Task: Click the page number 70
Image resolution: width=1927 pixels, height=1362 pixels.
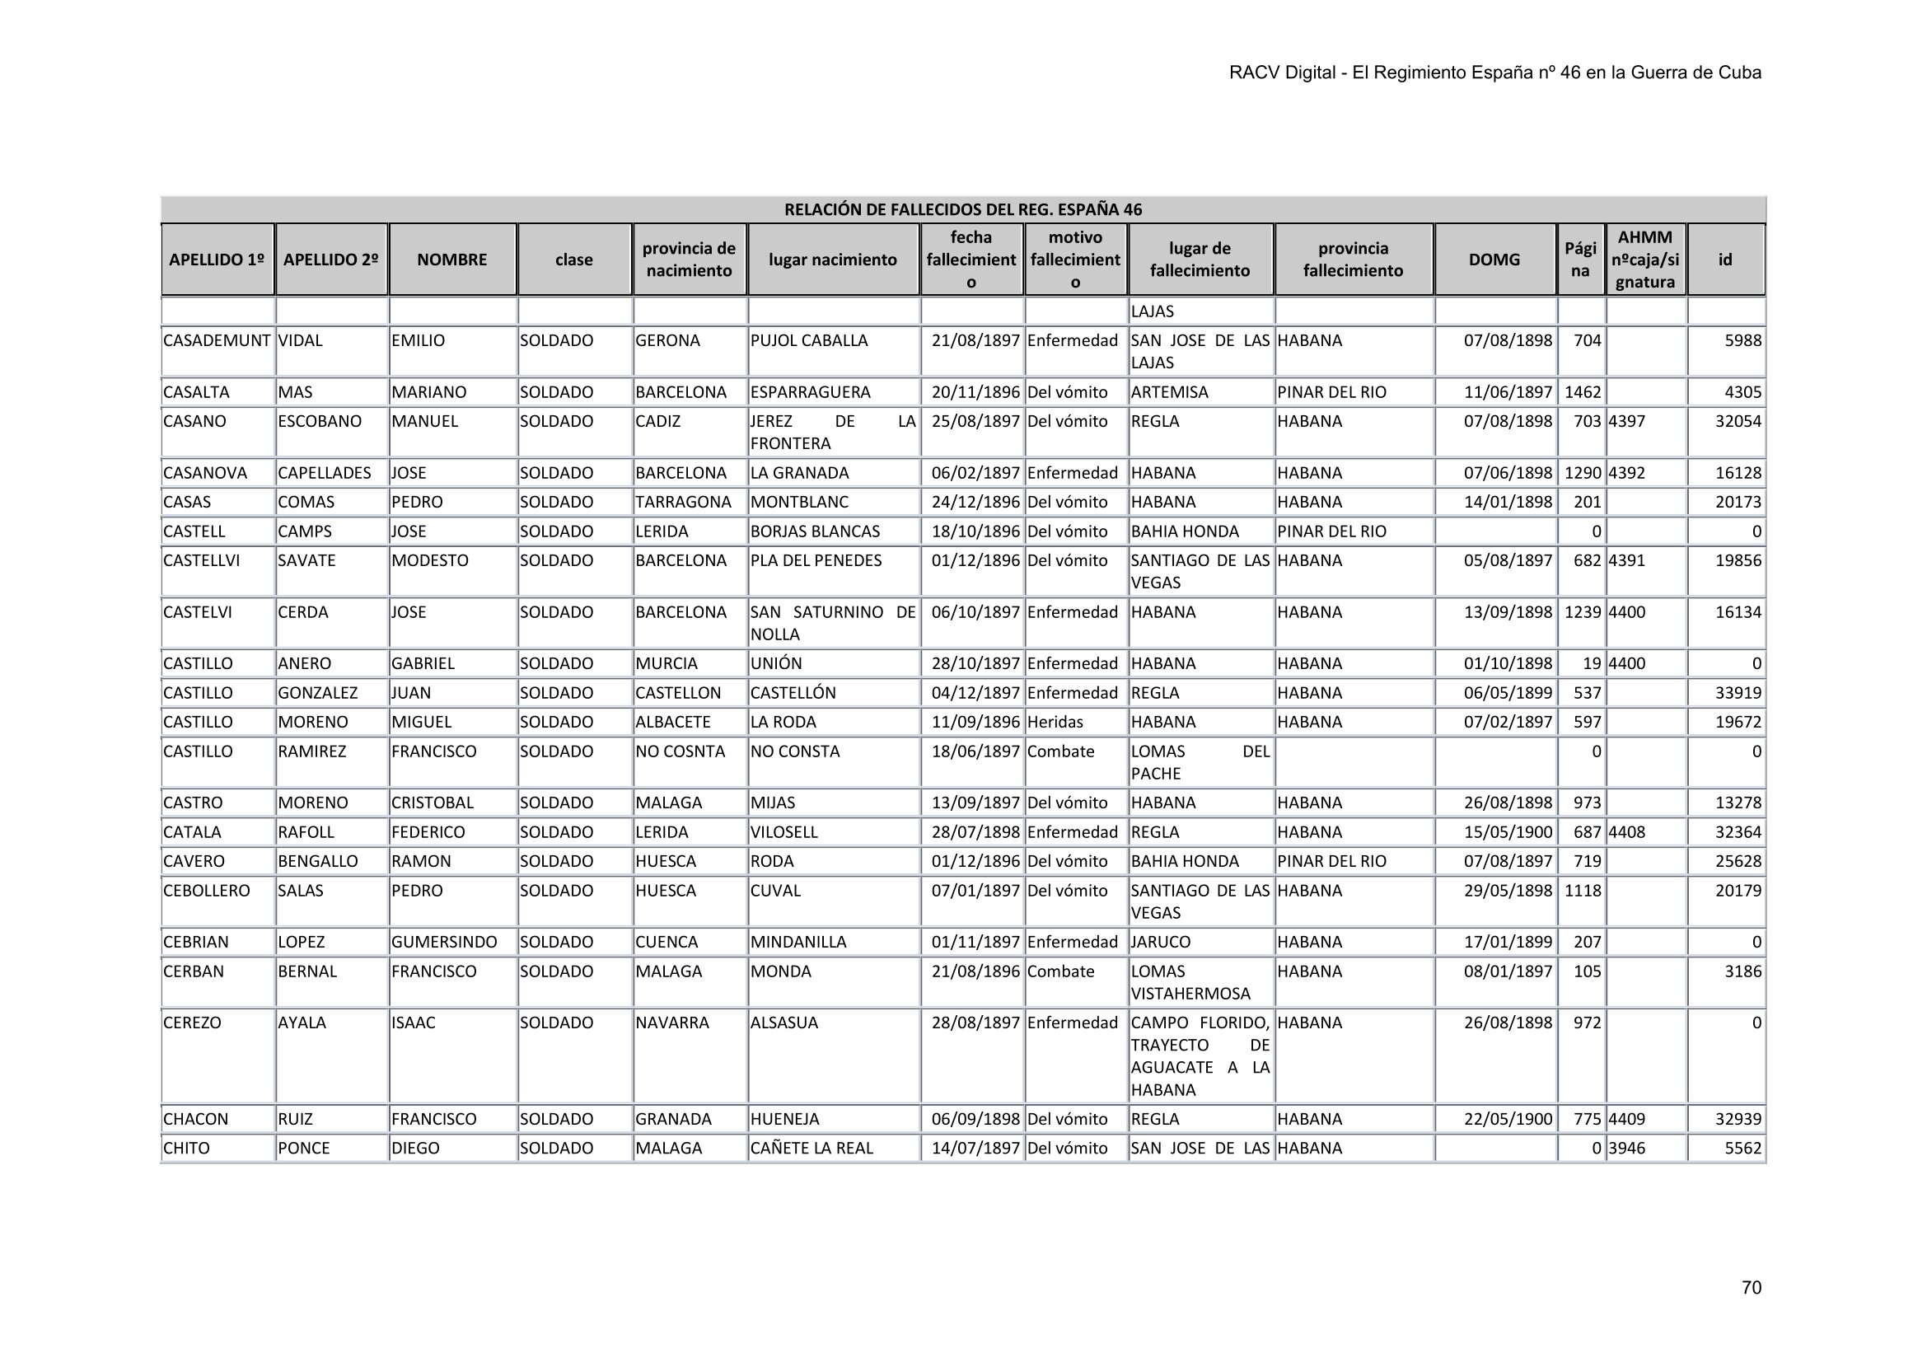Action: pyautogui.click(x=1751, y=1287)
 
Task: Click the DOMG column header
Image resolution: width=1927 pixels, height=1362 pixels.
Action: pyautogui.click(x=1494, y=260)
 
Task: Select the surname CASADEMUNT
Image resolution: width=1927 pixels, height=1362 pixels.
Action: pyautogui.click(x=217, y=341)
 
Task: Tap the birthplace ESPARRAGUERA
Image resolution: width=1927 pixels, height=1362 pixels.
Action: pyautogui.click(x=810, y=392)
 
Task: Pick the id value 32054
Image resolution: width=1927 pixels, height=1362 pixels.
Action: pyautogui.click(x=1738, y=421)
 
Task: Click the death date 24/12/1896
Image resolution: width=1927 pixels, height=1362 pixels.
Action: pyautogui.click(x=975, y=502)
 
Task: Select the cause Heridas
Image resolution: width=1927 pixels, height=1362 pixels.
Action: pyautogui.click(x=1055, y=722)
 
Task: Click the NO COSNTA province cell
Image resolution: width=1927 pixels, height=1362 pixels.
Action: pyautogui.click(x=680, y=751)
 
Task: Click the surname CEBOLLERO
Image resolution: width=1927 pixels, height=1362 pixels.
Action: pyautogui.click(x=207, y=891)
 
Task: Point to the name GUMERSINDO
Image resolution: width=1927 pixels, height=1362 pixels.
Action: pyautogui.click(x=444, y=942)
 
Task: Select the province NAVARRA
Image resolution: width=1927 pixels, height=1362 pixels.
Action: pyautogui.click(x=672, y=1023)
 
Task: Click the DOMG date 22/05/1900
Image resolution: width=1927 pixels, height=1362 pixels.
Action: pyautogui.click(x=1508, y=1119)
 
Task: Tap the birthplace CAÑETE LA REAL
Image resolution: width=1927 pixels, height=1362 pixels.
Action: pyautogui.click(x=811, y=1148)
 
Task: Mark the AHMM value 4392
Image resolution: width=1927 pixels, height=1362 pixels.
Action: pyautogui.click(x=1626, y=472)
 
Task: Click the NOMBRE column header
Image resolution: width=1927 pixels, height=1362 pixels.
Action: pyautogui.click(x=451, y=260)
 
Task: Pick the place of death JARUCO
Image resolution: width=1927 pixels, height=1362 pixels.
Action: pyautogui.click(x=1161, y=942)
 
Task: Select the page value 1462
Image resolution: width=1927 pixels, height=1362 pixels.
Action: pyautogui.click(x=1583, y=392)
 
